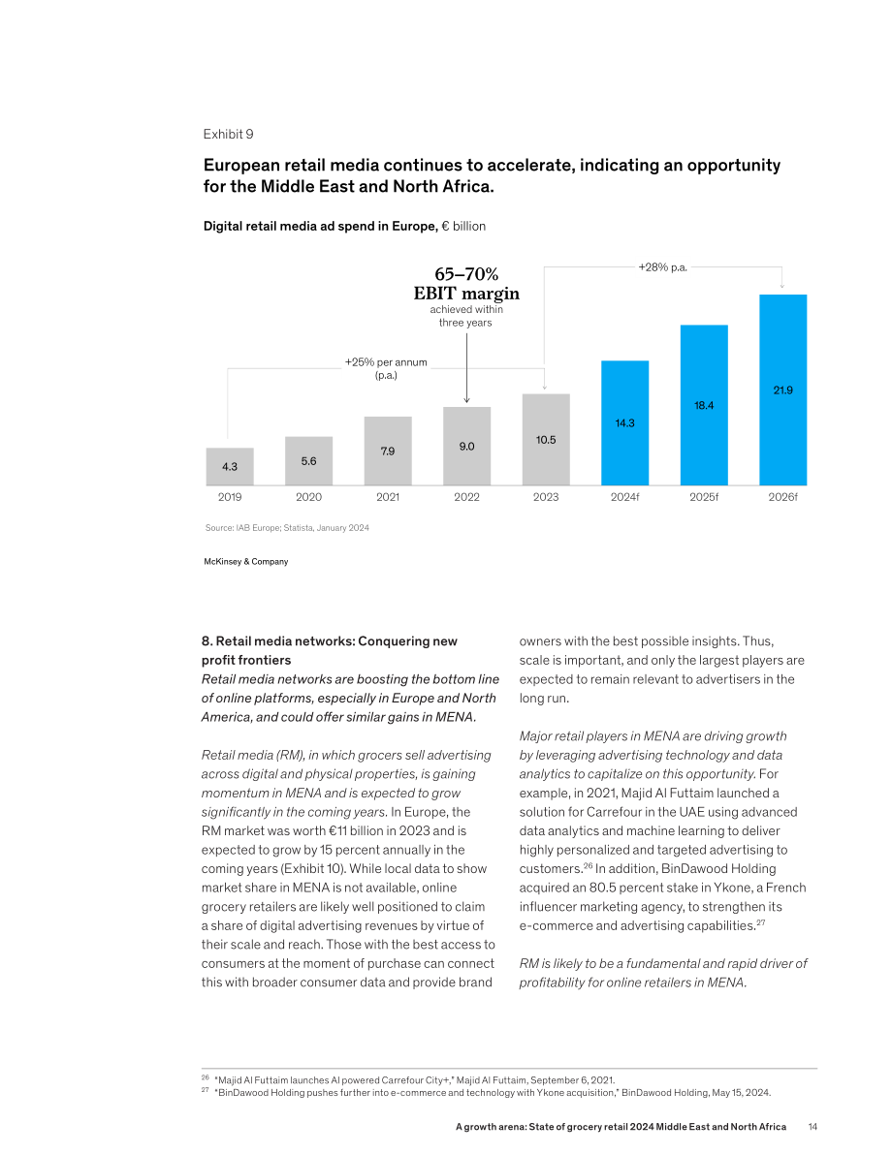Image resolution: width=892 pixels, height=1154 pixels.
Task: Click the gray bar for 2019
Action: tap(230, 467)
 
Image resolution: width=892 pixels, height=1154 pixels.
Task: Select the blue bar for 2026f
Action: tap(783, 390)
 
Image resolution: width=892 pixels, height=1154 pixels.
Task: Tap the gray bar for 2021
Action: tap(388, 452)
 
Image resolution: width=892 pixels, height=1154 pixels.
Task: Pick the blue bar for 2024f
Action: tap(624, 423)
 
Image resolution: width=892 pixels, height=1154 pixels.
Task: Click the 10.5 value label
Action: tap(546, 440)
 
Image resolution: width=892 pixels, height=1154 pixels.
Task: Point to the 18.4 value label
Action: tap(704, 406)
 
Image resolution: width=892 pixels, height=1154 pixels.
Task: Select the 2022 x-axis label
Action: tap(467, 497)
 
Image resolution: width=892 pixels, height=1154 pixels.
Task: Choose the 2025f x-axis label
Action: tap(704, 497)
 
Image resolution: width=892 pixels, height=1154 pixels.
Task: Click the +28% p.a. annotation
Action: tap(663, 267)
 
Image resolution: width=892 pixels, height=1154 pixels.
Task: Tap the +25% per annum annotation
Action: tap(386, 369)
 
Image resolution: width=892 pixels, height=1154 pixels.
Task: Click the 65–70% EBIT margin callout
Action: tap(466, 284)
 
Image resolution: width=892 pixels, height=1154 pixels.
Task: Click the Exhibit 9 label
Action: tap(229, 134)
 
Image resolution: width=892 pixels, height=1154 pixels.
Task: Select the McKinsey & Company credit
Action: tap(246, 562)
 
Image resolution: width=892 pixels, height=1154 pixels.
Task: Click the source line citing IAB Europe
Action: tap(287, 528)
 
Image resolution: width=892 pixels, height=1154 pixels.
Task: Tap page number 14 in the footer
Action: tap(812, 1127)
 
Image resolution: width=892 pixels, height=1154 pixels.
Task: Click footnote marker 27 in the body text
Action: tap(761, 922)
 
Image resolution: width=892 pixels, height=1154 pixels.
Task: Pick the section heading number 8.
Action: tap(207, 641)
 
